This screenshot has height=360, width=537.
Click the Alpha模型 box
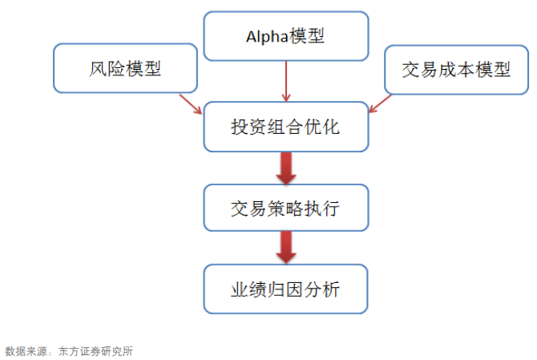[x=286, y=36]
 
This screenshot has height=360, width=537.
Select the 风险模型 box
[x=125, y=68]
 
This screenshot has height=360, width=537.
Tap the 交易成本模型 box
[x=457, y=70]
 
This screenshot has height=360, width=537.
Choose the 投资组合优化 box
[x=286, y=127]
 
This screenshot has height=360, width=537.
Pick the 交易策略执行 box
[x=286, y=208]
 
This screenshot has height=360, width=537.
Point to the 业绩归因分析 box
[x=285, y=289]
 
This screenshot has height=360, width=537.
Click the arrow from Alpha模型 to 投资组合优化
[x=286, y=82]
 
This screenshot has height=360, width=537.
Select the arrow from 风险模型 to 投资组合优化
[x=191, y=104]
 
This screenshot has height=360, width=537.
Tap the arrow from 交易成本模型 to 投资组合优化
[x=380, y=103]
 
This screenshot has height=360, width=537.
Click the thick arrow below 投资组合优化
[x=286, y=168]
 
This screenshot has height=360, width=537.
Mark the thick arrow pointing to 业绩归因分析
[x=286, y=248]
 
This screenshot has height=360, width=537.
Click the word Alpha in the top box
[x=266, y=36]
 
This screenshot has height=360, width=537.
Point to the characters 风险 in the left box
[x=107, y=68]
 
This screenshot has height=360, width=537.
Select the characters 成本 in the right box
[x=457, y=70]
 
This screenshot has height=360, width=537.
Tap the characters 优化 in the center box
[x=322, y=127]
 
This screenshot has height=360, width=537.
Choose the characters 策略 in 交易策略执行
[x=285, y=208]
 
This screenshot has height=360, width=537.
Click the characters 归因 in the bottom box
[x=285, y=289]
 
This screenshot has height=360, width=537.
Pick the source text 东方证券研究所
[x=95, y=351]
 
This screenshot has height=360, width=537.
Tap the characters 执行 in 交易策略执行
[x=322, y=208]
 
